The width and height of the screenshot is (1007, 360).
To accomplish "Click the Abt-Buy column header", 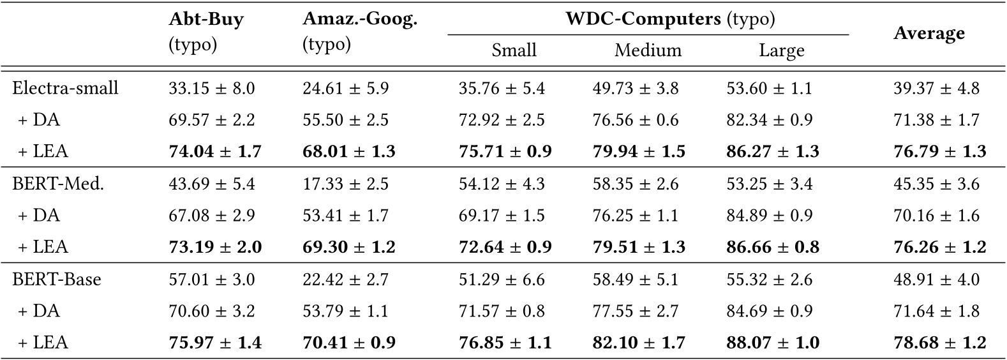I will click(x=205, y=20).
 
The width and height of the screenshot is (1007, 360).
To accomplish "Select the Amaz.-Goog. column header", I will click(x=360, y=20).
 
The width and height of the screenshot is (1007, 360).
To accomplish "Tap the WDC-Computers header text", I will click(x=670, y=19).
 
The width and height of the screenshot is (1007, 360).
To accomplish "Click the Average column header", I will click(x=929, y=33).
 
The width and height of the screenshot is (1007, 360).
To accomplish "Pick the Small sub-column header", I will click(x=514, y=50).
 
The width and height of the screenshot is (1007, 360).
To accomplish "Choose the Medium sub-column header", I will click(x=648, y=50).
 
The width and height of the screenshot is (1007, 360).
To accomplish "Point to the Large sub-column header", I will click(x=781, y=50).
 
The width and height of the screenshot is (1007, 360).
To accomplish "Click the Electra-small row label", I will click(x=65, y=88).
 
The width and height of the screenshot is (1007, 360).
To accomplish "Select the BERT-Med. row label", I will click(x=58, y=184).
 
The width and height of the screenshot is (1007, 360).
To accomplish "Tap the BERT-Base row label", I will click(x=57, y=280).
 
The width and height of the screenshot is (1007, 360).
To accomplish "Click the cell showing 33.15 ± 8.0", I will click(x=211, y=88).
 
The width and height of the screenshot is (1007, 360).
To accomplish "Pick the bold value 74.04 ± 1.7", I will click(x=215, y=152).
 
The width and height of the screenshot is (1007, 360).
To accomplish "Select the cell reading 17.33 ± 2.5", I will click(x=345, y=184).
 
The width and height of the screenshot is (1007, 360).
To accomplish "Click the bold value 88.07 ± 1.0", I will click(x=772, y=343).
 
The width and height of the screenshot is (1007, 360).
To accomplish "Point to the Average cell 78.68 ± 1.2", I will click(x=939, y=343).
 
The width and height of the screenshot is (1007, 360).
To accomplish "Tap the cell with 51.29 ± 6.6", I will click(x=502, y=280).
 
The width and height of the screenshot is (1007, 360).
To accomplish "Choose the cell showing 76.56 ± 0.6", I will click(x=635, y=120).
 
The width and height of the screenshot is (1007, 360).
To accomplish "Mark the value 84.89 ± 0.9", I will click(x=769, y=216).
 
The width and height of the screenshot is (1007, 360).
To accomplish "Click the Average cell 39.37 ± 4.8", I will click(x=936, y=88).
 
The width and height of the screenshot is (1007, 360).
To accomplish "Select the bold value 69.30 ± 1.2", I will click(x=349, y=248).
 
